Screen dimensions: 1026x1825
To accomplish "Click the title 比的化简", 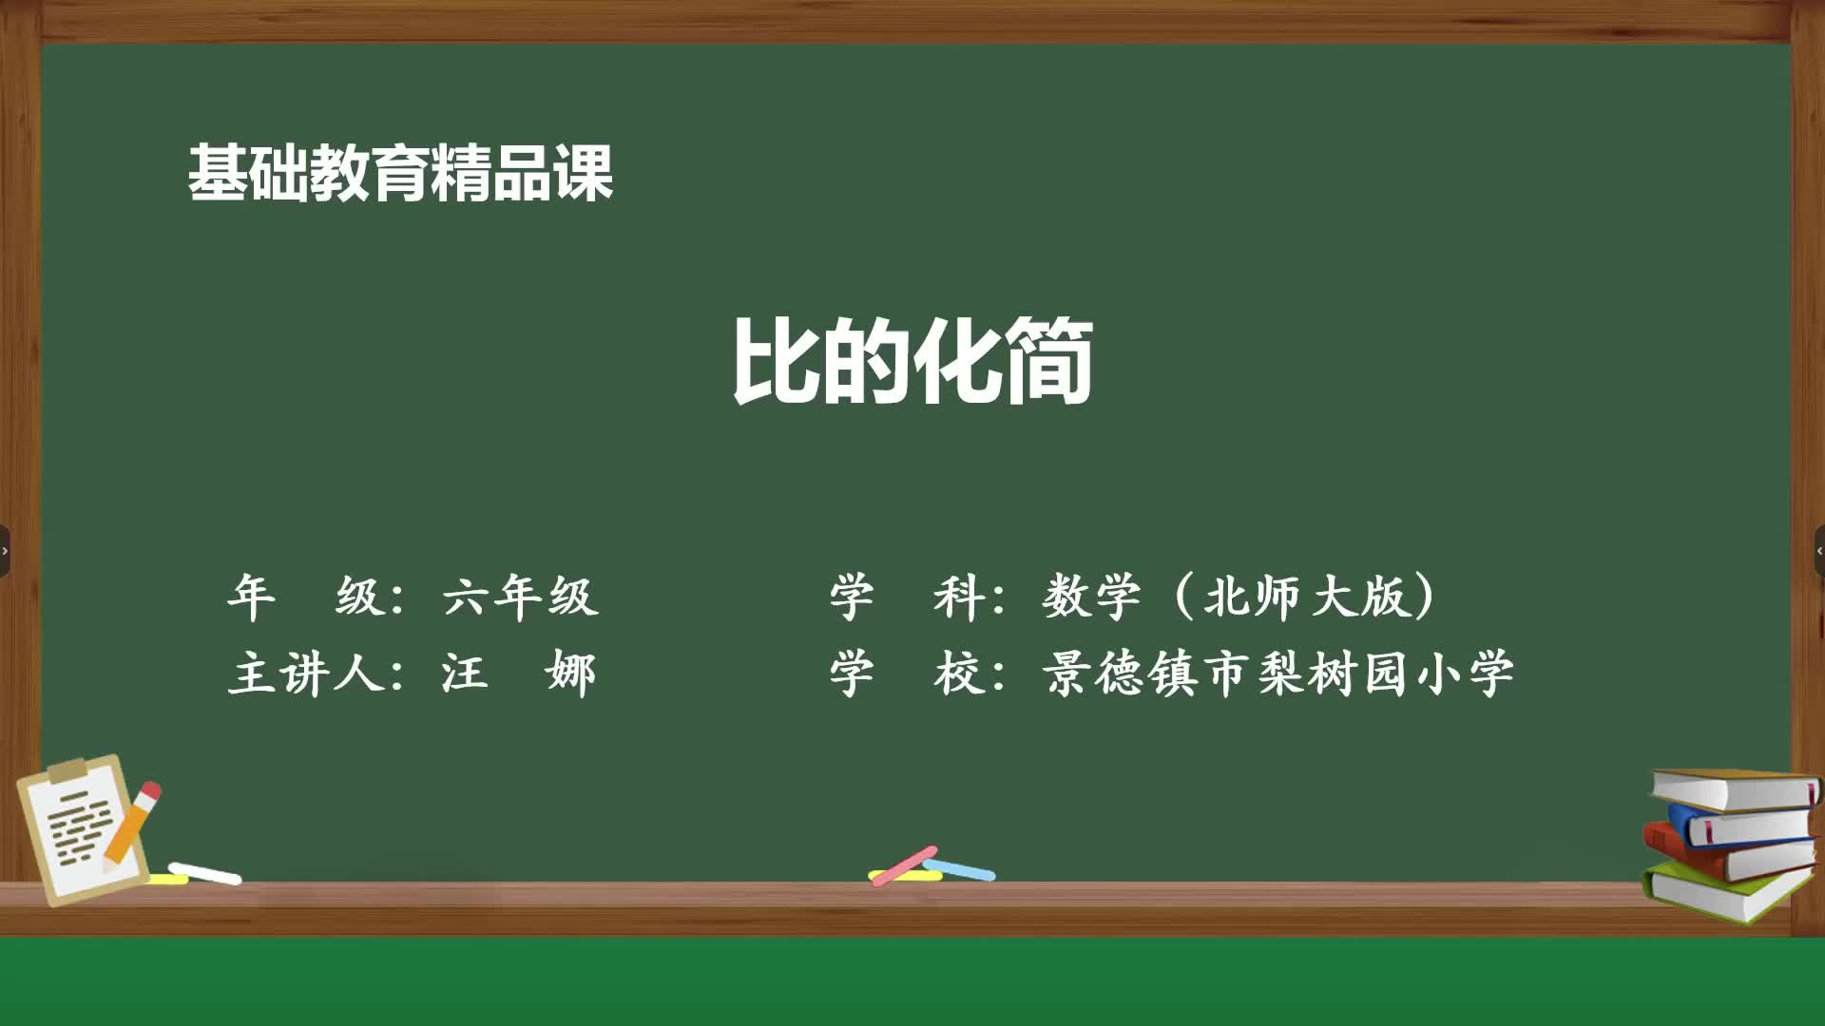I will pyautogui.click(x=912, y=361).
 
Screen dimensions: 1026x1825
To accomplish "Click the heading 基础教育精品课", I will pyautogui.click(x=400, y=173).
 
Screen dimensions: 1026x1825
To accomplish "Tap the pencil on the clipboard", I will pyautogui.click(x=132, y=825).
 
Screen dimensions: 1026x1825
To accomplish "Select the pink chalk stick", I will pyautogui.click(x=904, y=864).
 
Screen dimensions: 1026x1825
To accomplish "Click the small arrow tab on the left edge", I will pyautogui.click(x=5, y=551).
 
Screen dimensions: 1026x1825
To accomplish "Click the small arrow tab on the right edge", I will pyautogui.click(x=1819, y=551).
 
